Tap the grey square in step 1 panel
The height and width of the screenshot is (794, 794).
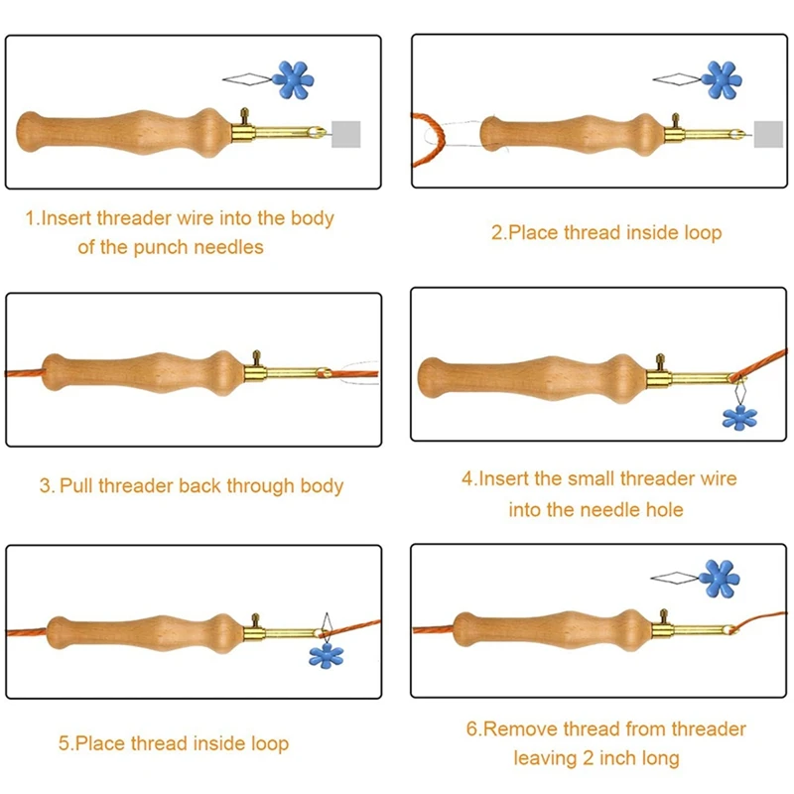[345, 133]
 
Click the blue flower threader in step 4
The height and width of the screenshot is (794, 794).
[739, 417]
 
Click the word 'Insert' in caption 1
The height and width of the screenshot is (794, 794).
[66, 218]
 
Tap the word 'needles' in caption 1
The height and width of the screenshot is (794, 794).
[230, 247]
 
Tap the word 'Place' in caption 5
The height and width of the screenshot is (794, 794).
[103, 743]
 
